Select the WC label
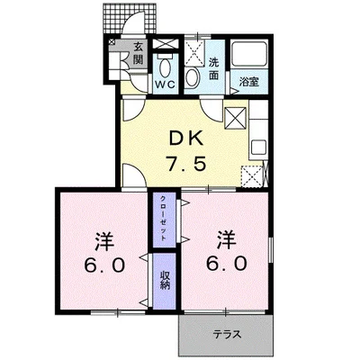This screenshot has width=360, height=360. coord(165,85)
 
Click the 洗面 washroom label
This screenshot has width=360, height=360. coord(214,68)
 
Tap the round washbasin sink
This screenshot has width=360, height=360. coord(193,75)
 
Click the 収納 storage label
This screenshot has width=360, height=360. coord(165,278)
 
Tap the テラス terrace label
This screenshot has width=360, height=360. coord(227,335)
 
